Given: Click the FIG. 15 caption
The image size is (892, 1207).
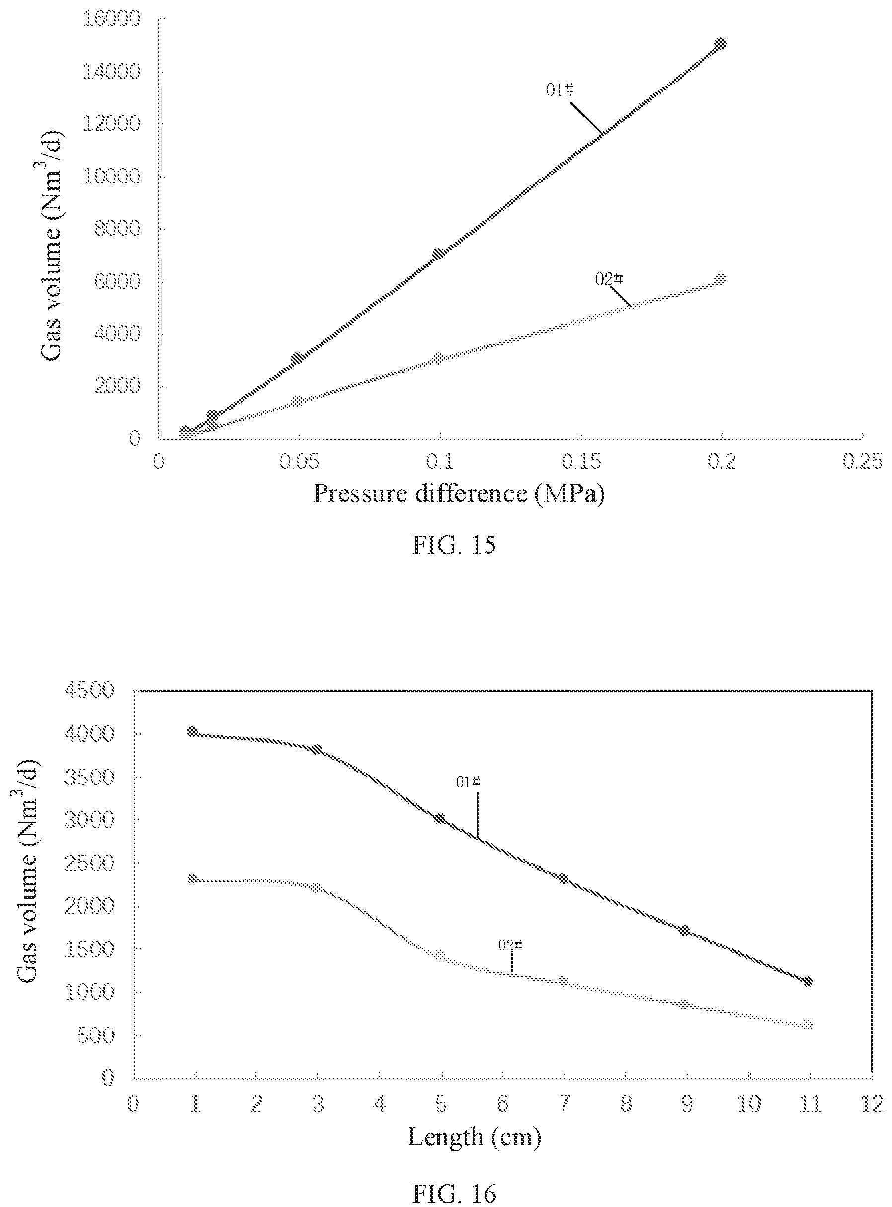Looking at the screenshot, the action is tap(454, 545).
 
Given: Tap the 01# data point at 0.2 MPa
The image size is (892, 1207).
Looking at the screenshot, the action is tap(720, 44).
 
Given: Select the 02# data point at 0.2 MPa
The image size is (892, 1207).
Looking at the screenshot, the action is tap(720, 279).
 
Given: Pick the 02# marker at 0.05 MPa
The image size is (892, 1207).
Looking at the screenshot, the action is tap(298, 401).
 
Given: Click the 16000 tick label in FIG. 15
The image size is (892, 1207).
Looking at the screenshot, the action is tap(112, 19).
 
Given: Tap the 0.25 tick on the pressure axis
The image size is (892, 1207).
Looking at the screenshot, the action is tap(863, 462).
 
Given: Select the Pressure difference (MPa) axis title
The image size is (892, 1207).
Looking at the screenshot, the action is tap(459, 494).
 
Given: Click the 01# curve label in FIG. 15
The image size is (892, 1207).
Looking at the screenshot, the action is tap(560, 89).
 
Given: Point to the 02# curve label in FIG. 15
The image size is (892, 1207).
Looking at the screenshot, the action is tap(609, 279).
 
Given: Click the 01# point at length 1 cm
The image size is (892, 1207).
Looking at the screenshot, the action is tap(193, 731).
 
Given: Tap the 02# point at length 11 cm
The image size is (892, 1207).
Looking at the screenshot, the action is tap(809, 1024).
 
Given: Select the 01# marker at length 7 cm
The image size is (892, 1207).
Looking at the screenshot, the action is tap(563, 879).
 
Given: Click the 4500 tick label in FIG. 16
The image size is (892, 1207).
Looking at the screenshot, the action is tap(89, 690).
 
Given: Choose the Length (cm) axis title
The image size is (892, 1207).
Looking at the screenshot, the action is tap(474, 1137).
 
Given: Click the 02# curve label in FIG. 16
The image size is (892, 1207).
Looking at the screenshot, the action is tap(510, 945).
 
